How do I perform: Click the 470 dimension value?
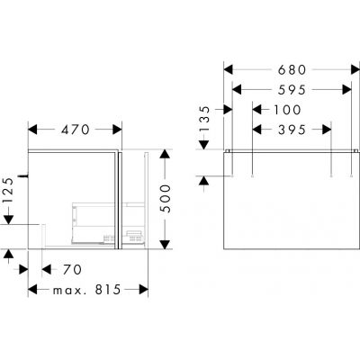[74, 130]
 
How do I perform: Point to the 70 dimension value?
[71, 268]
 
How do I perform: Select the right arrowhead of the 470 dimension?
[113, 130]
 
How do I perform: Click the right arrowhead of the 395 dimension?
[330, 130]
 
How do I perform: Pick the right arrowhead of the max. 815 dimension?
[143, 290]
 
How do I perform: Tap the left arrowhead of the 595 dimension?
[237, 88]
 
